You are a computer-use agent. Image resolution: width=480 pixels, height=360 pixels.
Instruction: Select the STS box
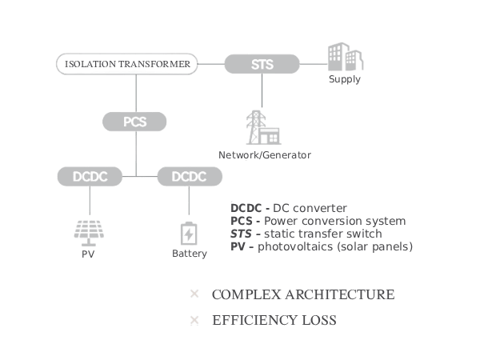coord(262,63)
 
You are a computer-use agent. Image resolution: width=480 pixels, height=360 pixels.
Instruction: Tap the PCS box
coord(135,122)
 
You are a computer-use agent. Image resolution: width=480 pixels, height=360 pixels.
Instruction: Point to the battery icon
coord(189,234)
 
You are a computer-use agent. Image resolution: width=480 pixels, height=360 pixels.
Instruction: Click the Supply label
coord(346,80)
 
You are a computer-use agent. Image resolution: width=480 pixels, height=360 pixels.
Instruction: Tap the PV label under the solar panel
coord(88,254)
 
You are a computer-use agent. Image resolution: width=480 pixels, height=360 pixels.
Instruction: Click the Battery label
coord(190,254)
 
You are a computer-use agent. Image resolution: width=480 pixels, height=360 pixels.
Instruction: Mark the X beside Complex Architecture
coord(194,294)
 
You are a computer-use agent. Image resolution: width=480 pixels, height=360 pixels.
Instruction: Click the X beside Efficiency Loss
coord(194,321)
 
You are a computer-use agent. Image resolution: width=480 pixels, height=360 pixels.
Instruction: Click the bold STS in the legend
coord(241,234)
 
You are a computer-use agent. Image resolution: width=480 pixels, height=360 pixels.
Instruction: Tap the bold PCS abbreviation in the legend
coord(242,222)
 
